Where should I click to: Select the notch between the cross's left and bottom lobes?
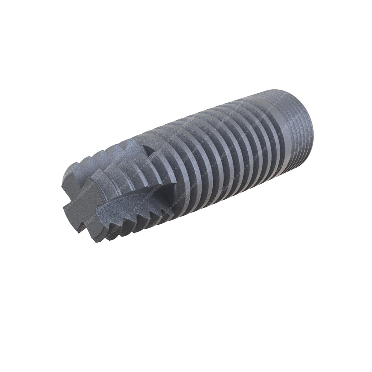click(x=76, y=219)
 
